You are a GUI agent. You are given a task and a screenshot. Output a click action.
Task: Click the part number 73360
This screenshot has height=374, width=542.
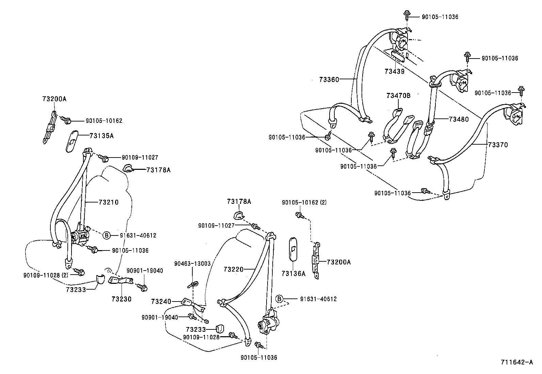pyautogui.click(x=329, y=80)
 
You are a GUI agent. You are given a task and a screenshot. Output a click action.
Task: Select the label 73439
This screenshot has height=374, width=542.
pyautogui.click(x=394, y=71)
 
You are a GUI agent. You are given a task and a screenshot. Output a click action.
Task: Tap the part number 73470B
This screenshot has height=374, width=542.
pyautogui.click(x=398, y=96)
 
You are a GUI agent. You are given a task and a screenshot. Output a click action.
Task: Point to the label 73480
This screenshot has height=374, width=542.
pyautogui.click(x=459, y=119)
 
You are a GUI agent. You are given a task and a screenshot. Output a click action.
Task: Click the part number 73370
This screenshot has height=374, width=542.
pyautogui.click(x=497, y=145)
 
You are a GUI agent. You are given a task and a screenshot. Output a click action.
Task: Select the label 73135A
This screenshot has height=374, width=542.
pyautogui.click(x=101, y=135)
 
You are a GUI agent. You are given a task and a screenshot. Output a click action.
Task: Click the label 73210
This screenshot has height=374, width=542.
pyautogui.click(x=108, y=202)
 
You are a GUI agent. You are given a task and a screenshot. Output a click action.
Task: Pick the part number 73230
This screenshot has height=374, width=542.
pyautogui.click(x=121, y=299)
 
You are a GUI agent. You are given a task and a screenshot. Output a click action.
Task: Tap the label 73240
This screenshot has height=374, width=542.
pyautogui.click(x=161, y=302)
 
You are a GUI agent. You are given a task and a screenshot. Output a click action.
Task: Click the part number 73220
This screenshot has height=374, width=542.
pyautogui.click(x=234, y=270)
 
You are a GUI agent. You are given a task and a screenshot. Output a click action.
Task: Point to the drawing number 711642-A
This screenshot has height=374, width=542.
pyautogui.click(x=516, y=362)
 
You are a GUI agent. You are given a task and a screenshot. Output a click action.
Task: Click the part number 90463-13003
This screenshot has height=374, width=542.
pyautogui.click(x=192, y=263)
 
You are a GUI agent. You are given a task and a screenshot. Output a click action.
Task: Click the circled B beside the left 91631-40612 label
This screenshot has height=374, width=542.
pyautogui.click(x=107, y=235)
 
